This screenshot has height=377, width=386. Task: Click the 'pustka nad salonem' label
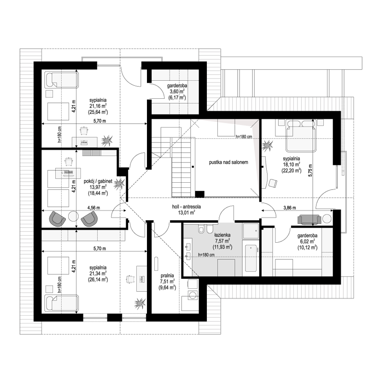tap(228, 162)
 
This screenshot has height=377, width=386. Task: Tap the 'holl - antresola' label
tap(187, 207)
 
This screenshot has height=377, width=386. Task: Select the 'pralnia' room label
tap(167, 275)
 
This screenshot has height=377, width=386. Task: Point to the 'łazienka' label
tap(222, 235)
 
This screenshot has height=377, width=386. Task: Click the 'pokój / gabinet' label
tap(98, 181)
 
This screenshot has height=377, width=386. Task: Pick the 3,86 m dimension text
tap(289, 208)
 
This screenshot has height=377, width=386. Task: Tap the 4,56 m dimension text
tap(94, 208)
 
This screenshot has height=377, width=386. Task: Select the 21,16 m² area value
tap(98, 106)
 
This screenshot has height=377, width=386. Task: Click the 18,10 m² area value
tap(291, 164)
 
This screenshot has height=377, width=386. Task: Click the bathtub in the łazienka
tap(251, 258)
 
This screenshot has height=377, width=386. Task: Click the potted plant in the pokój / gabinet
tap(119, 184)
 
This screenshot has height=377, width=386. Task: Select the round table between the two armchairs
tap(73, 217)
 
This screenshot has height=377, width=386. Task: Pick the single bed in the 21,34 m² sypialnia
tap(62, 304)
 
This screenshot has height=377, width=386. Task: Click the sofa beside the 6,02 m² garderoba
tap(309, 220)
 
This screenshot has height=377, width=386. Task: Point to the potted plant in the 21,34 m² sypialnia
tap(140, 303)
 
